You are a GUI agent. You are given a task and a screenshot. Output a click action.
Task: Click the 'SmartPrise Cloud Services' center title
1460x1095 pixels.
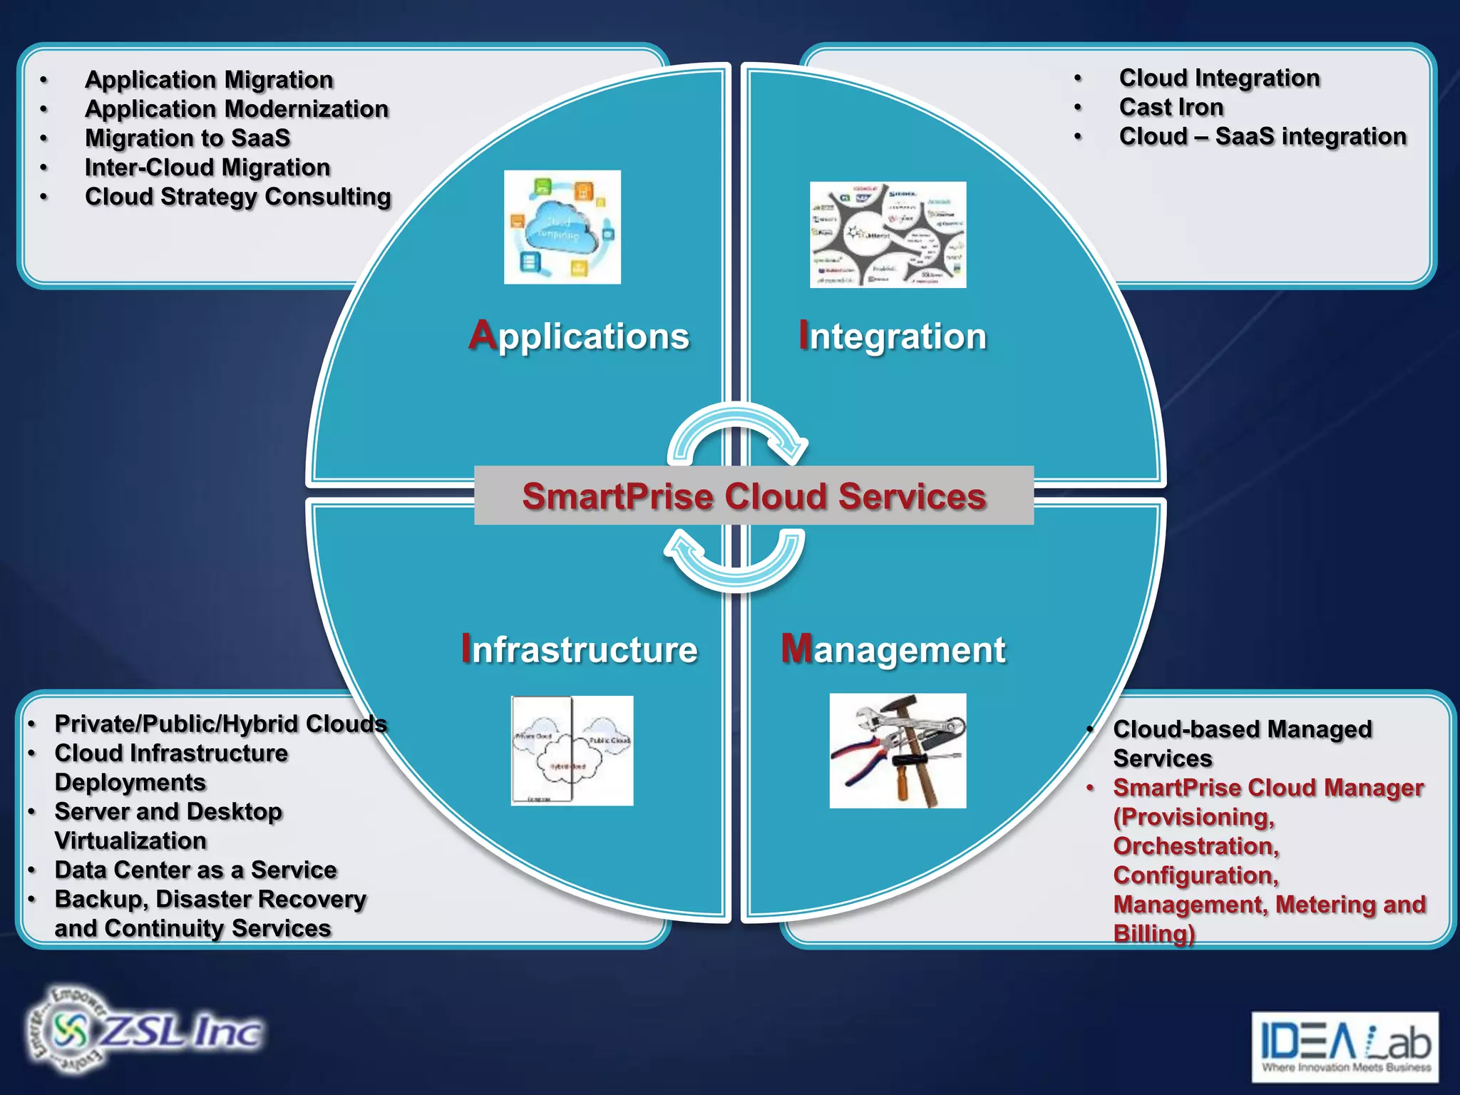[x=754, y=496]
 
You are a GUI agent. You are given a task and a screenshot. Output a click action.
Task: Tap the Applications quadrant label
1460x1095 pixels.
[x=579, y=336]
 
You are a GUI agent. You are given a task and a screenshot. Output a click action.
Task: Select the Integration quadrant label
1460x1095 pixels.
[x=893, y=336]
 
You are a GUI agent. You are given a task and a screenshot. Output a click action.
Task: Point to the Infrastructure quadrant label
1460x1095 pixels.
[x=579, y=649]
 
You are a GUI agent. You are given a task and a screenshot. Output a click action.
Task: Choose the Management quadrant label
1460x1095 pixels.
[x=893, y=649]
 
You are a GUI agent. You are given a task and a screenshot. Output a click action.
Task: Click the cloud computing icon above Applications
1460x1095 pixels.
[x=562, y=227]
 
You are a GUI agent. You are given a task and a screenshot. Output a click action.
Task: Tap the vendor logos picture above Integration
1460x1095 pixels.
[x=888, y=235]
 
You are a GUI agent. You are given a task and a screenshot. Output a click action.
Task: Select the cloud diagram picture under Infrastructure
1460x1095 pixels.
[x=572, y=751]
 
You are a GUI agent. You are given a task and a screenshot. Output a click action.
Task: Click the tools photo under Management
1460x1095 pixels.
[x=898, y=751]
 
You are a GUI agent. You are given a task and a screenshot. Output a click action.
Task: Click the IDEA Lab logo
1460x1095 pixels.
[x=1345, y=1047]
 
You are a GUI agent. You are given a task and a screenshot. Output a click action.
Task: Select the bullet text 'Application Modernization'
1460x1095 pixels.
[x=237, y=109]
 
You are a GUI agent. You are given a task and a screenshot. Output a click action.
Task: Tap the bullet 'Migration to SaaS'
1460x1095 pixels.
[x=187, y=138]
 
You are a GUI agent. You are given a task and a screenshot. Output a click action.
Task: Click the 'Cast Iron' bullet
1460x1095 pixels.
[x=1171, y=107]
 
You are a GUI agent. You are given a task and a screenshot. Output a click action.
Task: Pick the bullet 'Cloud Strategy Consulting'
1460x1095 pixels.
[x=238, y=197]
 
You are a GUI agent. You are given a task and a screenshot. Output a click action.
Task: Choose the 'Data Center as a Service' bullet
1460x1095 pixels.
[x=195, y=870]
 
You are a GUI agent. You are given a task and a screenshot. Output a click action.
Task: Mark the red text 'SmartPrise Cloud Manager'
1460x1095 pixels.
[x=1268, y=788]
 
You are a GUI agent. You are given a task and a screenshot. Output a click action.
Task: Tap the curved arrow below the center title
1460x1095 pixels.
[x=736, y=560]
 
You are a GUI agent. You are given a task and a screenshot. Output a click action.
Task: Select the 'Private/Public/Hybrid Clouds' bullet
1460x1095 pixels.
[x=220, y=724]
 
